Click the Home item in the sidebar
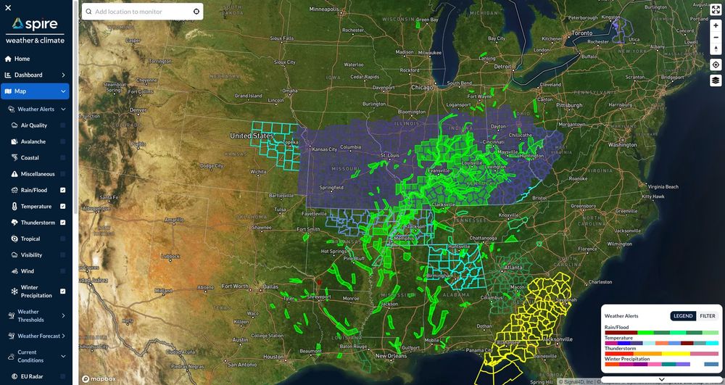click(x=22, y=59)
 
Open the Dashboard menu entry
click(x=29, y=75)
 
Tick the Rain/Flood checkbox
click(x=63, y=190)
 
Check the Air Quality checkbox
click(x=63, y=125)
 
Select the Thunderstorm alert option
click(x=38, y=223)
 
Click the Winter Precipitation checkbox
click(x=63, y=291)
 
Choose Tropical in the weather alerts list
click(x=30, y=239)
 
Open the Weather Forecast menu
click(x=38, y=336)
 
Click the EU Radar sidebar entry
click(x=33, y=376)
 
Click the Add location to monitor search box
click(x=142, y=12)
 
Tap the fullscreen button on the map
click(x=716, y=9)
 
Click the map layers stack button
click(x=716, y=80)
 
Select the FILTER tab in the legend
click(x=708, y=316)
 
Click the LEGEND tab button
click(x=683, y=316)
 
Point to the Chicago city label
click(x=422, y=87)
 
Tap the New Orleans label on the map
click(x=391, y=356)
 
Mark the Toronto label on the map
click(x=582, y=33)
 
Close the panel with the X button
click(x=8, y=7)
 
